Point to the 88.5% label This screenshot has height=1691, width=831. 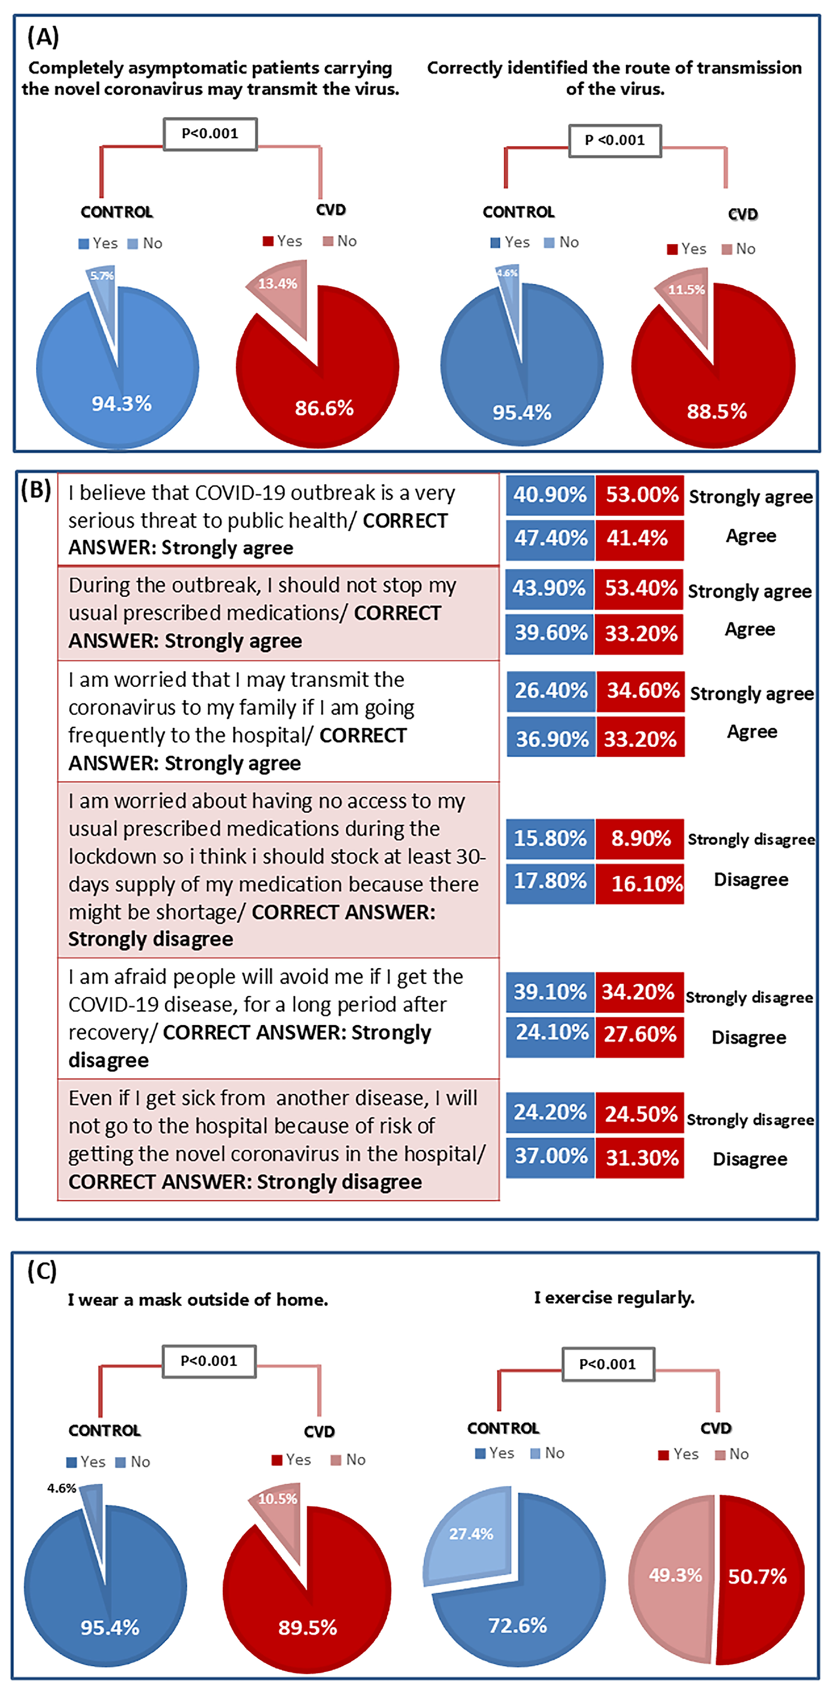coord(717,412)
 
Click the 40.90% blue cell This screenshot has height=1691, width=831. coord(550,495)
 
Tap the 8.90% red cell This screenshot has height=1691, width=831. coord(640,838)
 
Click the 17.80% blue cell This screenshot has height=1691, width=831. coord(550,881)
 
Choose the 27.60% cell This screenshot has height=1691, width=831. coord(640,1035)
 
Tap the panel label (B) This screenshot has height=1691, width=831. coord(36,490)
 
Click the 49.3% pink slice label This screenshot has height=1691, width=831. coord(676,1575)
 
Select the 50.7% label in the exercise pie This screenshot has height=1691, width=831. coord(757,1576)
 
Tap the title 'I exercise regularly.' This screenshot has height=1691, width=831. coord(614,1298)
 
